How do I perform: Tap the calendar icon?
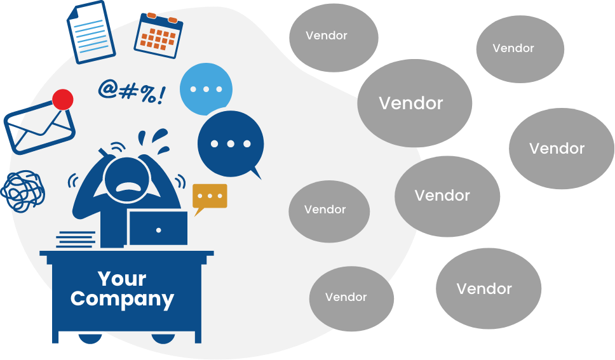pyautogui.click(x=158, y=35)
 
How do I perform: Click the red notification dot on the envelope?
pyautogui.click(x=62, y=99)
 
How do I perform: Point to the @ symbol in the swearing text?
pyautogui.click(x=108, y=90)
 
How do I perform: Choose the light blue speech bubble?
pyautogui.click(x=206, y=90)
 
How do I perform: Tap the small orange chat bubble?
pyautogui.click(x=209, y=196)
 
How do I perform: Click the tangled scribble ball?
pyautogui.click(x=23, y=191)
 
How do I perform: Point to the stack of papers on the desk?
pyautogui.click(x=76, y=239)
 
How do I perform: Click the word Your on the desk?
pyautogui.click(x=122, y=278)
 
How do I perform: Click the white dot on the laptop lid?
pyautogui.click(x=158, y=229)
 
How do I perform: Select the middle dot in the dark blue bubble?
pyautogui.click(x=230, y=143)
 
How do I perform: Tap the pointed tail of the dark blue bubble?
pyautogui.click(x=257, y=173)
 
